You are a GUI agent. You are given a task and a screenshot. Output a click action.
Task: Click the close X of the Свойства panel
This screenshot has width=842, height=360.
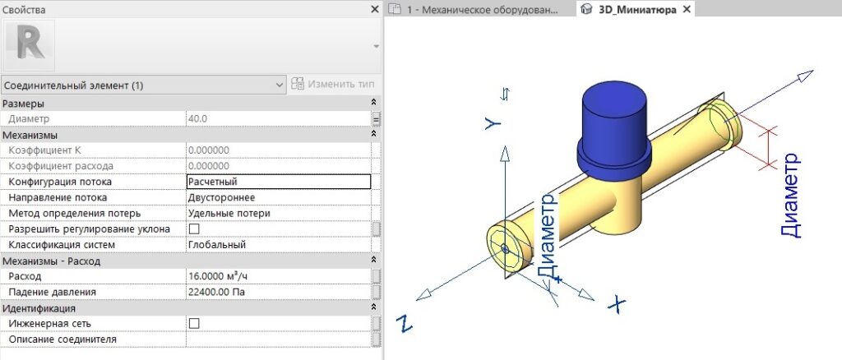point(375,10)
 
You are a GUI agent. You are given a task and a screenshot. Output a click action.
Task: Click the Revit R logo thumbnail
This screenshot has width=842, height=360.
point(30,45)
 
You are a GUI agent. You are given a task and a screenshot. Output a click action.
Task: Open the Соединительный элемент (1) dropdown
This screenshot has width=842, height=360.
point(143,85)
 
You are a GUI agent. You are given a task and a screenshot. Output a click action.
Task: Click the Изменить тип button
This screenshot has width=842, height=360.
point(332,85)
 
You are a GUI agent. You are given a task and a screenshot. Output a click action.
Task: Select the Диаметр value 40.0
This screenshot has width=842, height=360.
point(197,118)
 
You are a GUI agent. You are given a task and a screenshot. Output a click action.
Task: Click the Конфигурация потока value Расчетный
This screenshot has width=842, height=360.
point(213,182)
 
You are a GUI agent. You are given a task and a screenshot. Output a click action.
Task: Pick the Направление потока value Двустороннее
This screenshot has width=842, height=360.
point(221,197)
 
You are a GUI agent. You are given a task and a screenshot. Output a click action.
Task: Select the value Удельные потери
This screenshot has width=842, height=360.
point(229,214)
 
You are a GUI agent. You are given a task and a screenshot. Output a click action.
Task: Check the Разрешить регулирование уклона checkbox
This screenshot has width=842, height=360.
point(194,229)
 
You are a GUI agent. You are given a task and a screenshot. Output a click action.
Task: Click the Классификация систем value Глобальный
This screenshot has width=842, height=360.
point(217,245)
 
